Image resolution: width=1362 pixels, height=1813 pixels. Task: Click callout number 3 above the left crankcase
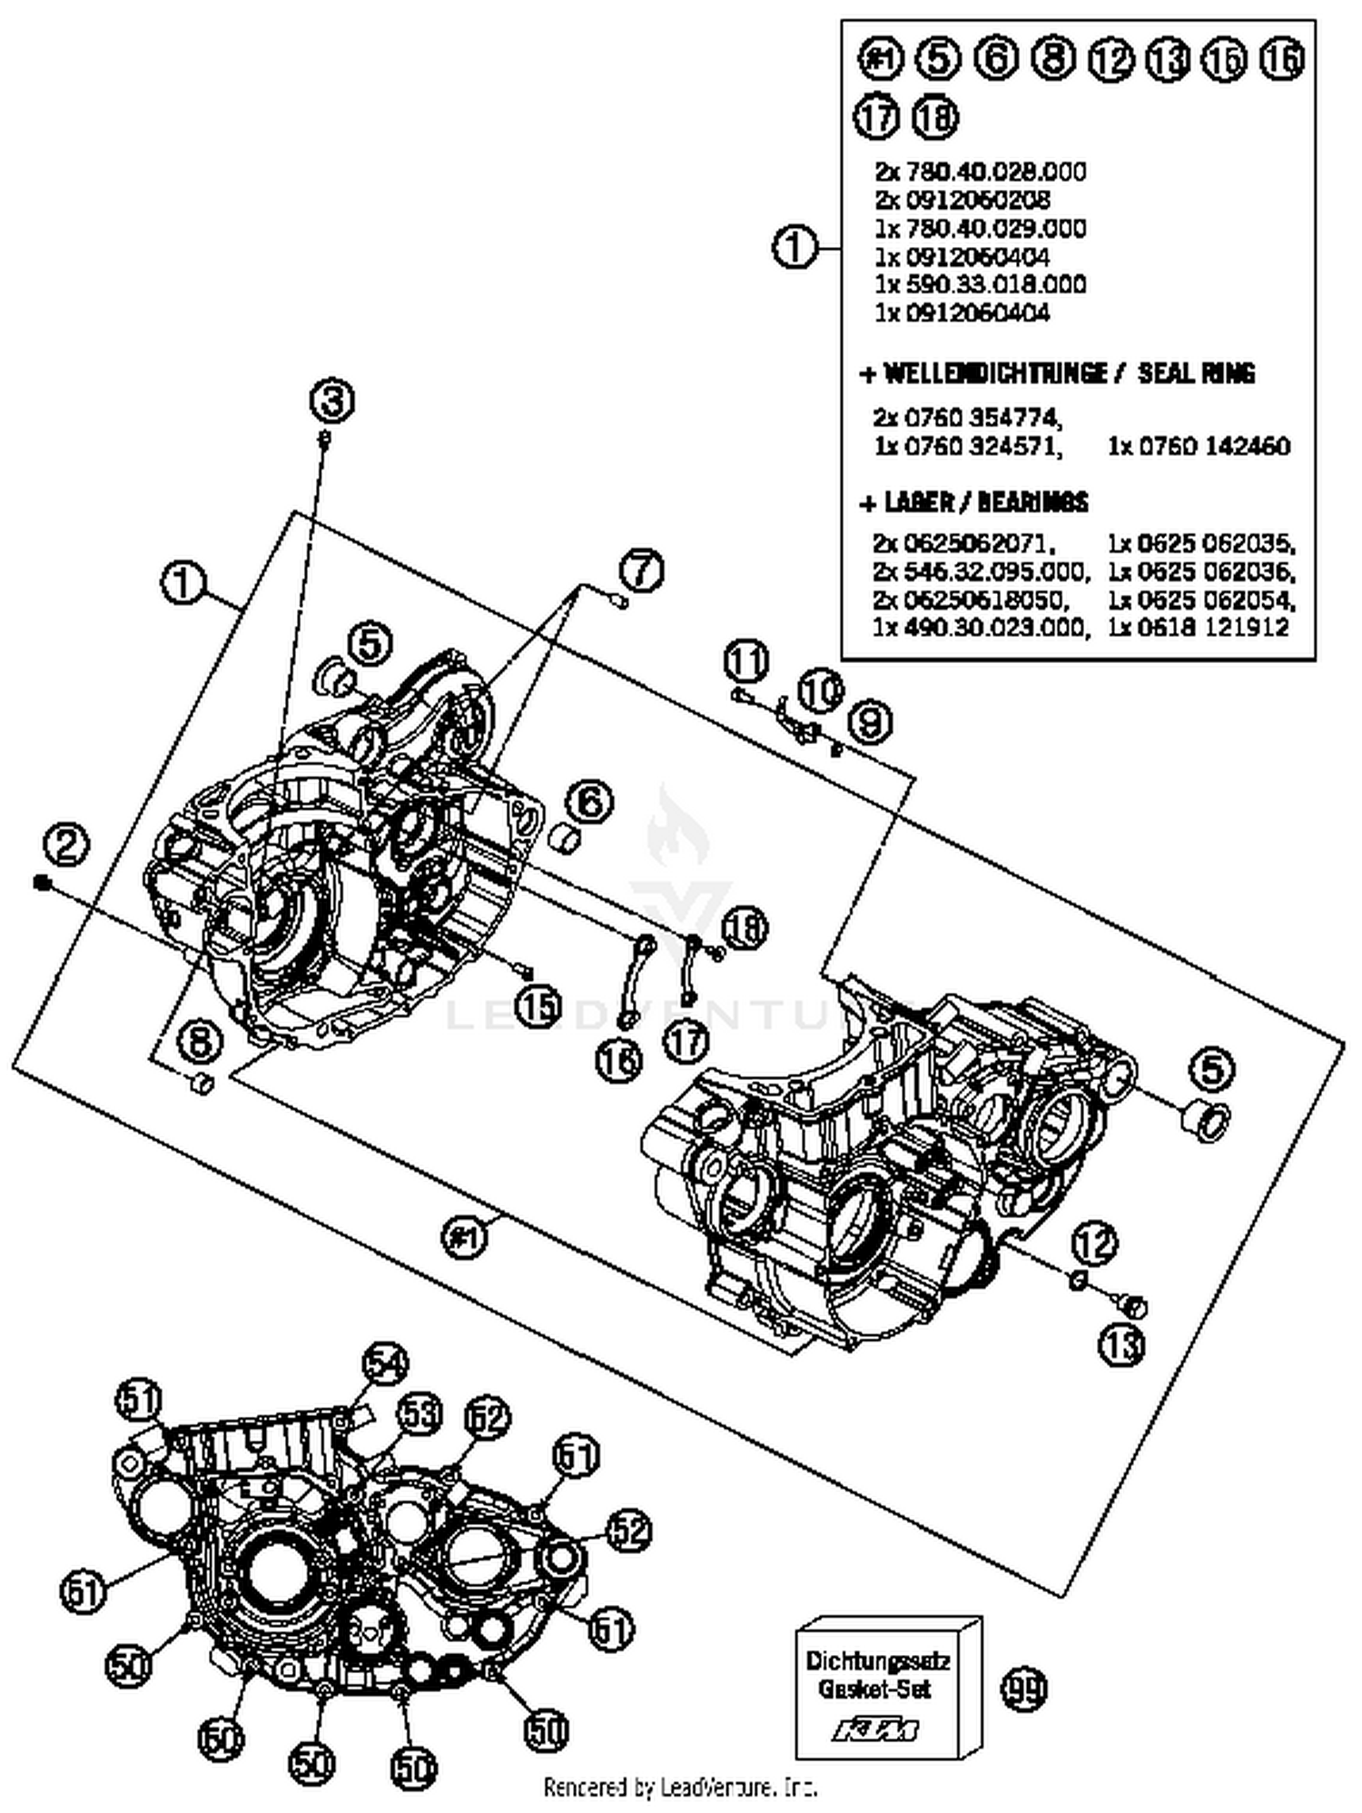pos(332,401)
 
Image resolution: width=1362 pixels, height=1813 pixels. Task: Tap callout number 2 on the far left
pos(66,845)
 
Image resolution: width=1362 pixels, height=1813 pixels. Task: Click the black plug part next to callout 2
pos(40,882)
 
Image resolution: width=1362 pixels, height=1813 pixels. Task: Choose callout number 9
pos(870,722)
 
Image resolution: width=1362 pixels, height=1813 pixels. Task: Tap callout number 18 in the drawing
pos(745,928)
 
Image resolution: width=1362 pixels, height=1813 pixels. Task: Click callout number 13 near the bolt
pos(1122,1343)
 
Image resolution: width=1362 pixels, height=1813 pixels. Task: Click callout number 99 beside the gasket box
pos(1023,1689)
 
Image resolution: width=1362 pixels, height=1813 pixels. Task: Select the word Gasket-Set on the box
pos(874,1689)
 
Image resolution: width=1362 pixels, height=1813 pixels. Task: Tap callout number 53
pos(419,1414)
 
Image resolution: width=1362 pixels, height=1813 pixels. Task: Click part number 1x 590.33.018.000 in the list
pos(981,284)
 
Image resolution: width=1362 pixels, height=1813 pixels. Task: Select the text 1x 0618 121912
pos(1198,627)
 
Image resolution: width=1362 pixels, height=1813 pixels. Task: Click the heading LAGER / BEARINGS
pos(974,502)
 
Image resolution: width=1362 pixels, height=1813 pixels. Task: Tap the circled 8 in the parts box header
pos(1053,59)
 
